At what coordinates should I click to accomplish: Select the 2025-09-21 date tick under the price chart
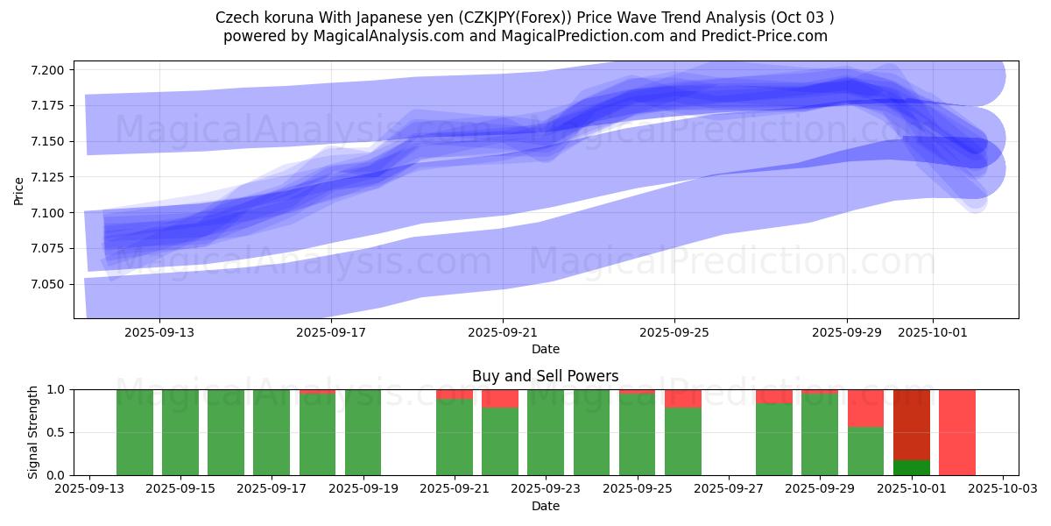click(x=503, y=332)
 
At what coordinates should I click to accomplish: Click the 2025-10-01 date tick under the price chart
click(x=932, y=332)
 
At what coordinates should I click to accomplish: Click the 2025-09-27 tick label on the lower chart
click(x=729, y=488)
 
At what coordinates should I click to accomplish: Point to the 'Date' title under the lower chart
click(x=545, y=506)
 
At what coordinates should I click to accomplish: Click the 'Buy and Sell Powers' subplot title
click(x=545, y=376)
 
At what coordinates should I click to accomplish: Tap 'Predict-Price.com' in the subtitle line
click(x=760, y=36)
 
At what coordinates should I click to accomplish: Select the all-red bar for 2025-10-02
click(x=957, y=432)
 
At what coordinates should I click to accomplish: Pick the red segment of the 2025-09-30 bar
click(x=865, y=408)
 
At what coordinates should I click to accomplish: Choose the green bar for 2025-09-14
click(x=135, y=432)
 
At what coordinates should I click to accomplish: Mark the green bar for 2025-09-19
click(x=363, y=432)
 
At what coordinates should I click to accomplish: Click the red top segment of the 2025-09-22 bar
click(x=500, y=399)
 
